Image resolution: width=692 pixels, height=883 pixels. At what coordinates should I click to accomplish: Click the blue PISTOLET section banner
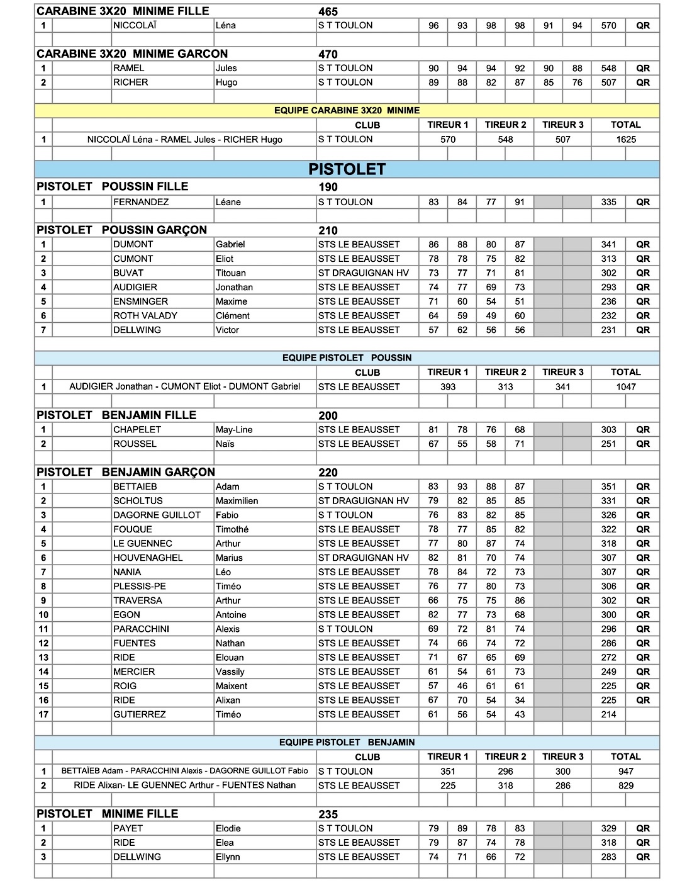click(x=347, y=169)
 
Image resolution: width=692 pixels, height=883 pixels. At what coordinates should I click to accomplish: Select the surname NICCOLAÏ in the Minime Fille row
click(x=135, y=26)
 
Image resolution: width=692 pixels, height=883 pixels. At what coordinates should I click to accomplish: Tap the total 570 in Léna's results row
click(x=608, y=26)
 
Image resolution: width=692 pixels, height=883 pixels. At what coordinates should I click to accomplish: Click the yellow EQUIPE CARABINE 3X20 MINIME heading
click(x=347, y=110)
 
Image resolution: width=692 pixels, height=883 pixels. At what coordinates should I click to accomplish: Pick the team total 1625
click(x=625, y=140)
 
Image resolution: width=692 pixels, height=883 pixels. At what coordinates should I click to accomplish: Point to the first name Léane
click(x=228, y=202)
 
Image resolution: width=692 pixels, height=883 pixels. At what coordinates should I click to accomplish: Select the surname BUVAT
click(x=128, y=273)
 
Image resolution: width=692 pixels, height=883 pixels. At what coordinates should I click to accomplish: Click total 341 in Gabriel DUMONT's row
click(x=608, y=244)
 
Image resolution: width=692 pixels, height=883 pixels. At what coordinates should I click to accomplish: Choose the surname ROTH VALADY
click(x=145, y=316)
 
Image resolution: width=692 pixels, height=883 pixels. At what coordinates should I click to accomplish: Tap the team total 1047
click(x=625, y=387)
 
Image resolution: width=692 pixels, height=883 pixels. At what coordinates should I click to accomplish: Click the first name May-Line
click(x=234, y=430)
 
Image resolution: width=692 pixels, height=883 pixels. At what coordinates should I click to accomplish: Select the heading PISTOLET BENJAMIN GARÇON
click(x=126, y=472)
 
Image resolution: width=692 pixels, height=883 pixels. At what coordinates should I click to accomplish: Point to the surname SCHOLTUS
click(x=138, y=501)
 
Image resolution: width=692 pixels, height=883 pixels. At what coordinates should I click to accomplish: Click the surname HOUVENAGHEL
click(x=148, y=558)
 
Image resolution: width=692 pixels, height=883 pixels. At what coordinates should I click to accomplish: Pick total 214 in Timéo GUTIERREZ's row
click(x=608, y=714)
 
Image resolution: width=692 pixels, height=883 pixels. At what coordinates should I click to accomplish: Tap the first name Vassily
click(x=230, y=672)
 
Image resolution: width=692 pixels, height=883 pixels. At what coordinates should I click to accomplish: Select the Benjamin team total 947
click(x=625, y=771)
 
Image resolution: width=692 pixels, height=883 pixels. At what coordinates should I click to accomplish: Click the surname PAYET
click(x=128, y=828)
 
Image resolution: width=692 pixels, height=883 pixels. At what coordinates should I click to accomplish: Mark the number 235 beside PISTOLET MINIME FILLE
click(x=328, y=814)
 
